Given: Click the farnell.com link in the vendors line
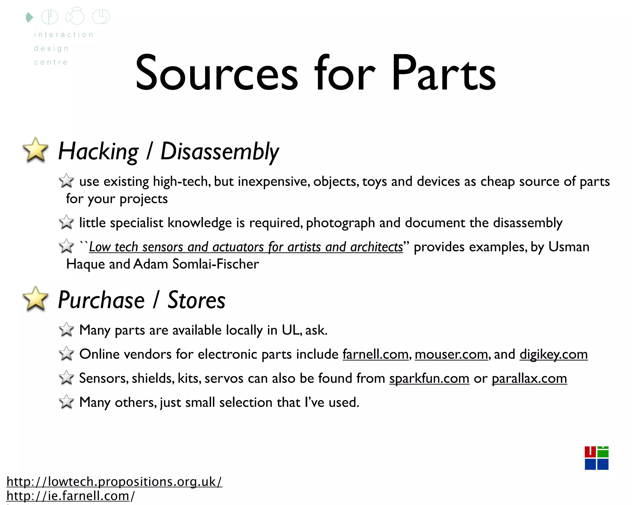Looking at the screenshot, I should (x=375, y=354).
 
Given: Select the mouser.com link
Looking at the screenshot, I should (x=451, y=354).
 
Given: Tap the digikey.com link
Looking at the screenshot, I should (x=554, y=354).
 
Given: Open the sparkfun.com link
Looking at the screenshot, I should (x=429, y=378).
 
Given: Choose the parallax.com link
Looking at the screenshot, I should (x=529, y=378).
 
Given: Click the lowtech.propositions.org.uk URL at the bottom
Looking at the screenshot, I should (x=114, y=482).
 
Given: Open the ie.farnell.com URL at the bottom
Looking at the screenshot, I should (x=70, y=496).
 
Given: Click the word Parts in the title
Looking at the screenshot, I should (x=443, y=74).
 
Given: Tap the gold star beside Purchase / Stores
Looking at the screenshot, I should (x=36, y=299).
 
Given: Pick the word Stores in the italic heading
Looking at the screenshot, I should (x=196, y=300).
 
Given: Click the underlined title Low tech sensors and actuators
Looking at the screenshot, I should (x=246, y=247).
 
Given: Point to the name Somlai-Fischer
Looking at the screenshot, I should (x=215, y=264).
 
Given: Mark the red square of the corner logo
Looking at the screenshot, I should (x=590, y=452).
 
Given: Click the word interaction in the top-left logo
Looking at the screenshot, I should (x=64, y=35).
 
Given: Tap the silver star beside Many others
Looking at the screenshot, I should (x=66, y=402).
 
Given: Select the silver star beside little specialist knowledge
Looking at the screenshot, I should (x=66, y=222).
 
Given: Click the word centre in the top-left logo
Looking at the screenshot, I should (x=51, y=62).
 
